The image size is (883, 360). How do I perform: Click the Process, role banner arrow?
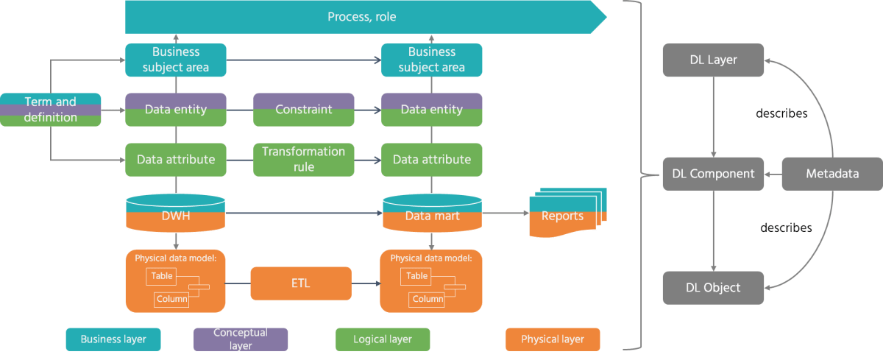[x=361, y=16]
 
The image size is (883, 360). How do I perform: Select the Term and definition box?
[x=50, y=110]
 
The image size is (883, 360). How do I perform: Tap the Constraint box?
[x=303, y=110]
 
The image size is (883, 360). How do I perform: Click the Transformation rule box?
[x=303, y=159]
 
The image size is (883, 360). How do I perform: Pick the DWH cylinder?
[x=175, y=214]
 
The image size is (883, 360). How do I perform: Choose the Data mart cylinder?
[x=432, y=214]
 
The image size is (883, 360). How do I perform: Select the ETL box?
[x=301, y=283]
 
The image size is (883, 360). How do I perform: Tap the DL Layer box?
[x=713, y=60]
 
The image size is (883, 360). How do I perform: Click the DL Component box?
[x=713, y=174]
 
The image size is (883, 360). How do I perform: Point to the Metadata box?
[x=831, y=174]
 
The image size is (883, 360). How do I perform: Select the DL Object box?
[x=713, y=287]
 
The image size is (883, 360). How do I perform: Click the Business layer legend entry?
[x=113, y=339]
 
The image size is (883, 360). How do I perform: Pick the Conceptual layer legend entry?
[x=241, y=339]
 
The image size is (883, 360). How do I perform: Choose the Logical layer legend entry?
[x=383, y=339]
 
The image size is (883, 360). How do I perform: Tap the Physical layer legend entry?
[x=553, y=339]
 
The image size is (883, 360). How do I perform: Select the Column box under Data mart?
[x=427, y=299]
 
